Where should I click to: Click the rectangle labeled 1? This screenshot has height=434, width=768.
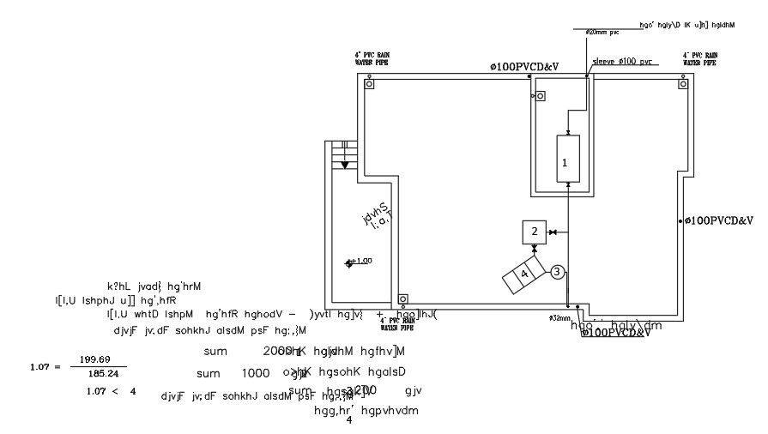[x=567, y=160]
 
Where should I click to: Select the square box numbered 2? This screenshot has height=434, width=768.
[x=534, y=232]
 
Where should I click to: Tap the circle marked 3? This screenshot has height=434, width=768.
[x=557, y=272]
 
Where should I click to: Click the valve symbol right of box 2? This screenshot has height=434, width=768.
[x=554, y=232]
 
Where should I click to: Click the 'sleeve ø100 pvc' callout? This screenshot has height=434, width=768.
[x=622, y=61]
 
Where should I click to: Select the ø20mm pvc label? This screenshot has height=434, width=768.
[x=602, y=31]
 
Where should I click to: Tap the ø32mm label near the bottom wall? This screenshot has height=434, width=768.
[x=559, y=317]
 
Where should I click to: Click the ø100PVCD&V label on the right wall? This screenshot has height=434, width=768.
[x=721, y=220]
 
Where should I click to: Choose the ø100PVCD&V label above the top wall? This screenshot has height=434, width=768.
[x=523, y=67]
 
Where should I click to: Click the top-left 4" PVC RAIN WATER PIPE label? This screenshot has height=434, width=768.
[x=373, y=58]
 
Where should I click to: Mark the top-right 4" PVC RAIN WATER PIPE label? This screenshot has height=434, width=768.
[x=700, y=58]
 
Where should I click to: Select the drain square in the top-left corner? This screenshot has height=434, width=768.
[x=369, y=84]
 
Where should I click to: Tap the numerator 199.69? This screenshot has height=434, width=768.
[x=94, y=359]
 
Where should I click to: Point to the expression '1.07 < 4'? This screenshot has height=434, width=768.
[x=111, y=391]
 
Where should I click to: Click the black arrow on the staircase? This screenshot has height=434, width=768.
[x=344, y=165]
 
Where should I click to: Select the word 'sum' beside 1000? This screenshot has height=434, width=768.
[x=208, y=374]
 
